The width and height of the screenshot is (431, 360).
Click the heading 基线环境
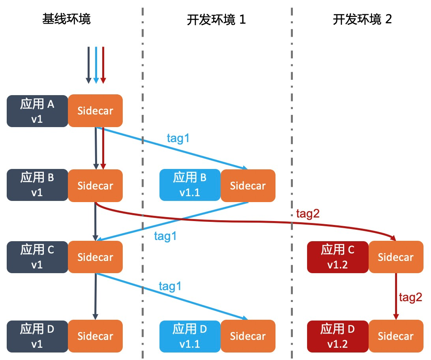coord(66,19)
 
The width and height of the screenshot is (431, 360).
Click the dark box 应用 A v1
coord(37,111)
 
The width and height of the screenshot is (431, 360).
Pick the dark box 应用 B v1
coord(37,185)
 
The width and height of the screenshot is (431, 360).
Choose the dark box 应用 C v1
coord(37,257)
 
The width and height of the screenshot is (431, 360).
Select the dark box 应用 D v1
coord(37,336)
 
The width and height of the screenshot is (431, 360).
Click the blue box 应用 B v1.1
coord(190,185)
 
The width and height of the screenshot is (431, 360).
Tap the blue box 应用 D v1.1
coord(190,336)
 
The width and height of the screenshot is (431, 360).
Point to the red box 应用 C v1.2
coord(337,257)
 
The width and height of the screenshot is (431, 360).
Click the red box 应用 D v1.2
coord(337,336)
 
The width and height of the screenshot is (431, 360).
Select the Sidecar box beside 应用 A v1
coord(95,111)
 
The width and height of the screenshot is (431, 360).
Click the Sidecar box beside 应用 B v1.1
coord(248,185)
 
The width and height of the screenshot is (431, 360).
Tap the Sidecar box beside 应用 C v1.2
coord(395,257)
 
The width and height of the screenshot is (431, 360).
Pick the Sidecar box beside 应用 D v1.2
coord(395,336)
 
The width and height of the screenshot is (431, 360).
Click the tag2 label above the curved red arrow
coord(307,214)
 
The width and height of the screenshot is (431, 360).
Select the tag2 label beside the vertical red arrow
coord(410,297)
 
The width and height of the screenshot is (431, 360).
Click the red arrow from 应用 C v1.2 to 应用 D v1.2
coord(395,296)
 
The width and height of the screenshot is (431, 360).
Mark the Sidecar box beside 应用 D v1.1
coord(248,336)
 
